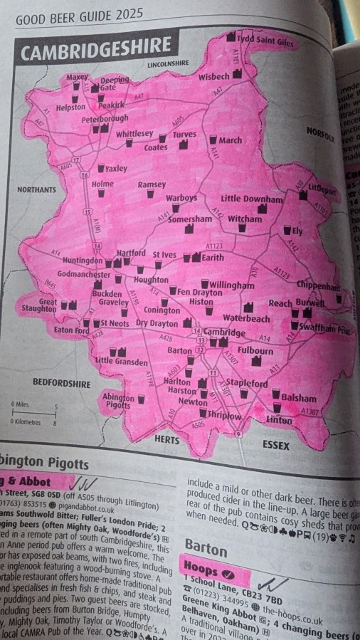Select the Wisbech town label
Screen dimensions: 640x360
[x=213, y=75]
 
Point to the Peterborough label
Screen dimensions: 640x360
[x=104, y=118]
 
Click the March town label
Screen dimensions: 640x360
[x=230, y=140]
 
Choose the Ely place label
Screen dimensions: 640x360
[x=297, y=231]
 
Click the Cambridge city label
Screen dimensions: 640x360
[x=224, y=332]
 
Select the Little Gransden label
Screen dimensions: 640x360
[x=123, y=361]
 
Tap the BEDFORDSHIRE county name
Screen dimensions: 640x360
[x=62, y=384]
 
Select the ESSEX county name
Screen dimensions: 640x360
[x=276, y=445]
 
